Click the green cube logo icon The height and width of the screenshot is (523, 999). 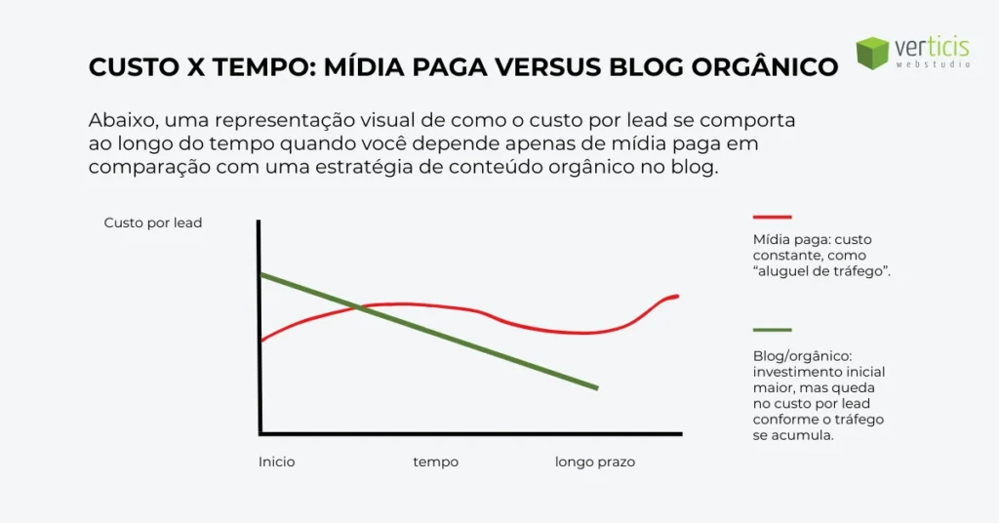pyautogui.click(x=872, y=53)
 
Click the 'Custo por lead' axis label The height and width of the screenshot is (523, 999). pyautogui.click(x=153, y=223)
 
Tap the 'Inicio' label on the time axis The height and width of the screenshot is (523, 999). pyautogui.click(x=277, y=462)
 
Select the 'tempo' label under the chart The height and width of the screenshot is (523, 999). pyautogui.click(x=435, y=462)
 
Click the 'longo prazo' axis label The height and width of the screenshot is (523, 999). pyautogui.click(x=595, y=462)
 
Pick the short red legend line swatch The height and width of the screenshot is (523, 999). pyautogui.click(x=772, y=217)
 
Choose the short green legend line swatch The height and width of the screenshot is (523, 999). pyautogui.click(x=772, y=330)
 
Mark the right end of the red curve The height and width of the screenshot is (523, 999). pyautogui.click(x=676, y=296)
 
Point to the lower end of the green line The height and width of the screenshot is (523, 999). pyautogui.click(x=595, y=387)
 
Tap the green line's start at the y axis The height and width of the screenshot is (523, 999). pyautogui.click(x=261, y=276)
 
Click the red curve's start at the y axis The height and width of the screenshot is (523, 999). pyautogui.click(x=261, y=341)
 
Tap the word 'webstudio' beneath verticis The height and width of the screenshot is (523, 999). pyautogui.click(x=932, y=64)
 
